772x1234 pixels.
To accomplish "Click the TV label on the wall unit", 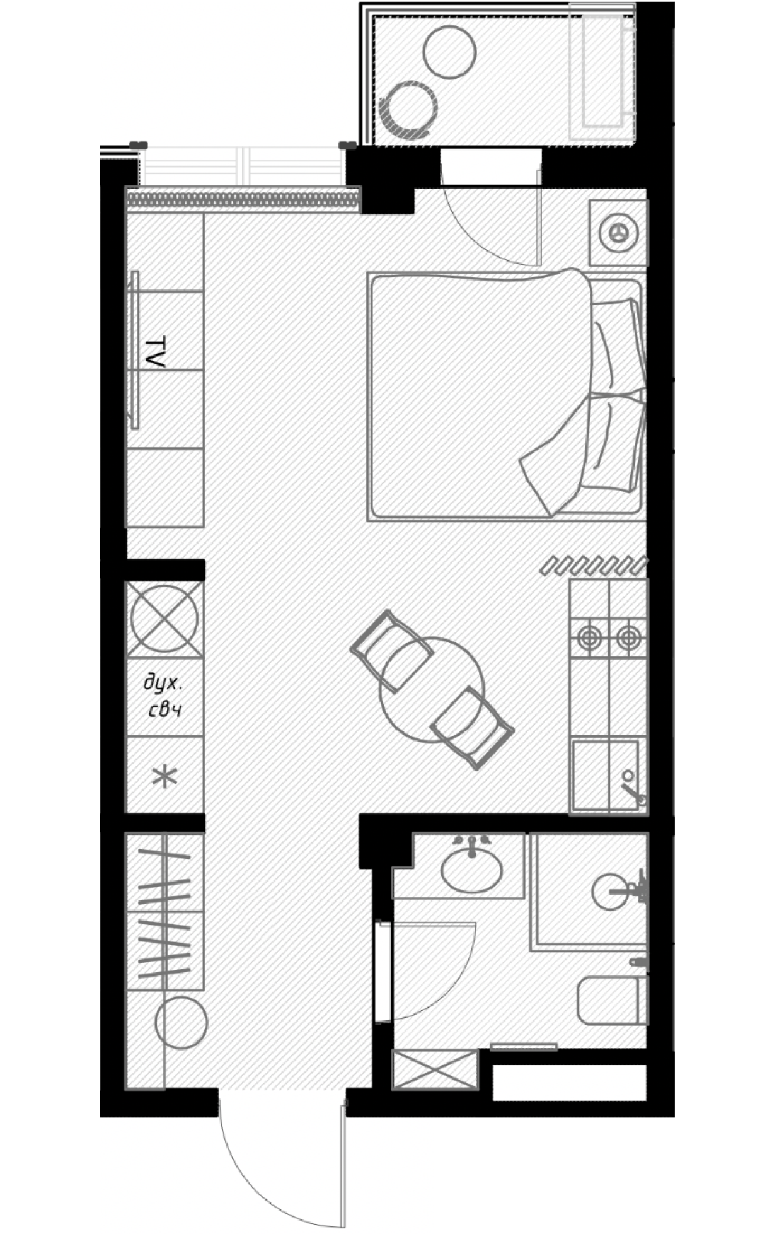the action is pos(155,352).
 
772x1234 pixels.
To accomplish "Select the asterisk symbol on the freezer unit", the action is pos(164,776).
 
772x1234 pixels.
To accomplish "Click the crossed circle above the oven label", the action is pos(164,619).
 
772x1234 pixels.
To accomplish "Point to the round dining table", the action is pos(432,690).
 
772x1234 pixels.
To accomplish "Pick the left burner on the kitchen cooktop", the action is pos(589,638).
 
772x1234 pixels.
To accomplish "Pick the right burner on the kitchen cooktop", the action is pos(628,638).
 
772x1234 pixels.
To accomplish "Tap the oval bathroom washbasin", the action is pos(472,871).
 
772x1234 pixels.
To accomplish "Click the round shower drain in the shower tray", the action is pos(610,891).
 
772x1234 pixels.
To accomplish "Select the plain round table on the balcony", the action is pos(449,52).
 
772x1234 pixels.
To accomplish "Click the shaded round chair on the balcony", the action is pos(409,110).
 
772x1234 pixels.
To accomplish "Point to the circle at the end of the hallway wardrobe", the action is pos(181,1023).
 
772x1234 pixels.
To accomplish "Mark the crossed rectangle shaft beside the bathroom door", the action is pos(434,1069).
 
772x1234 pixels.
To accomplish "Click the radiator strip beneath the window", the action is pos(243,201).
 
